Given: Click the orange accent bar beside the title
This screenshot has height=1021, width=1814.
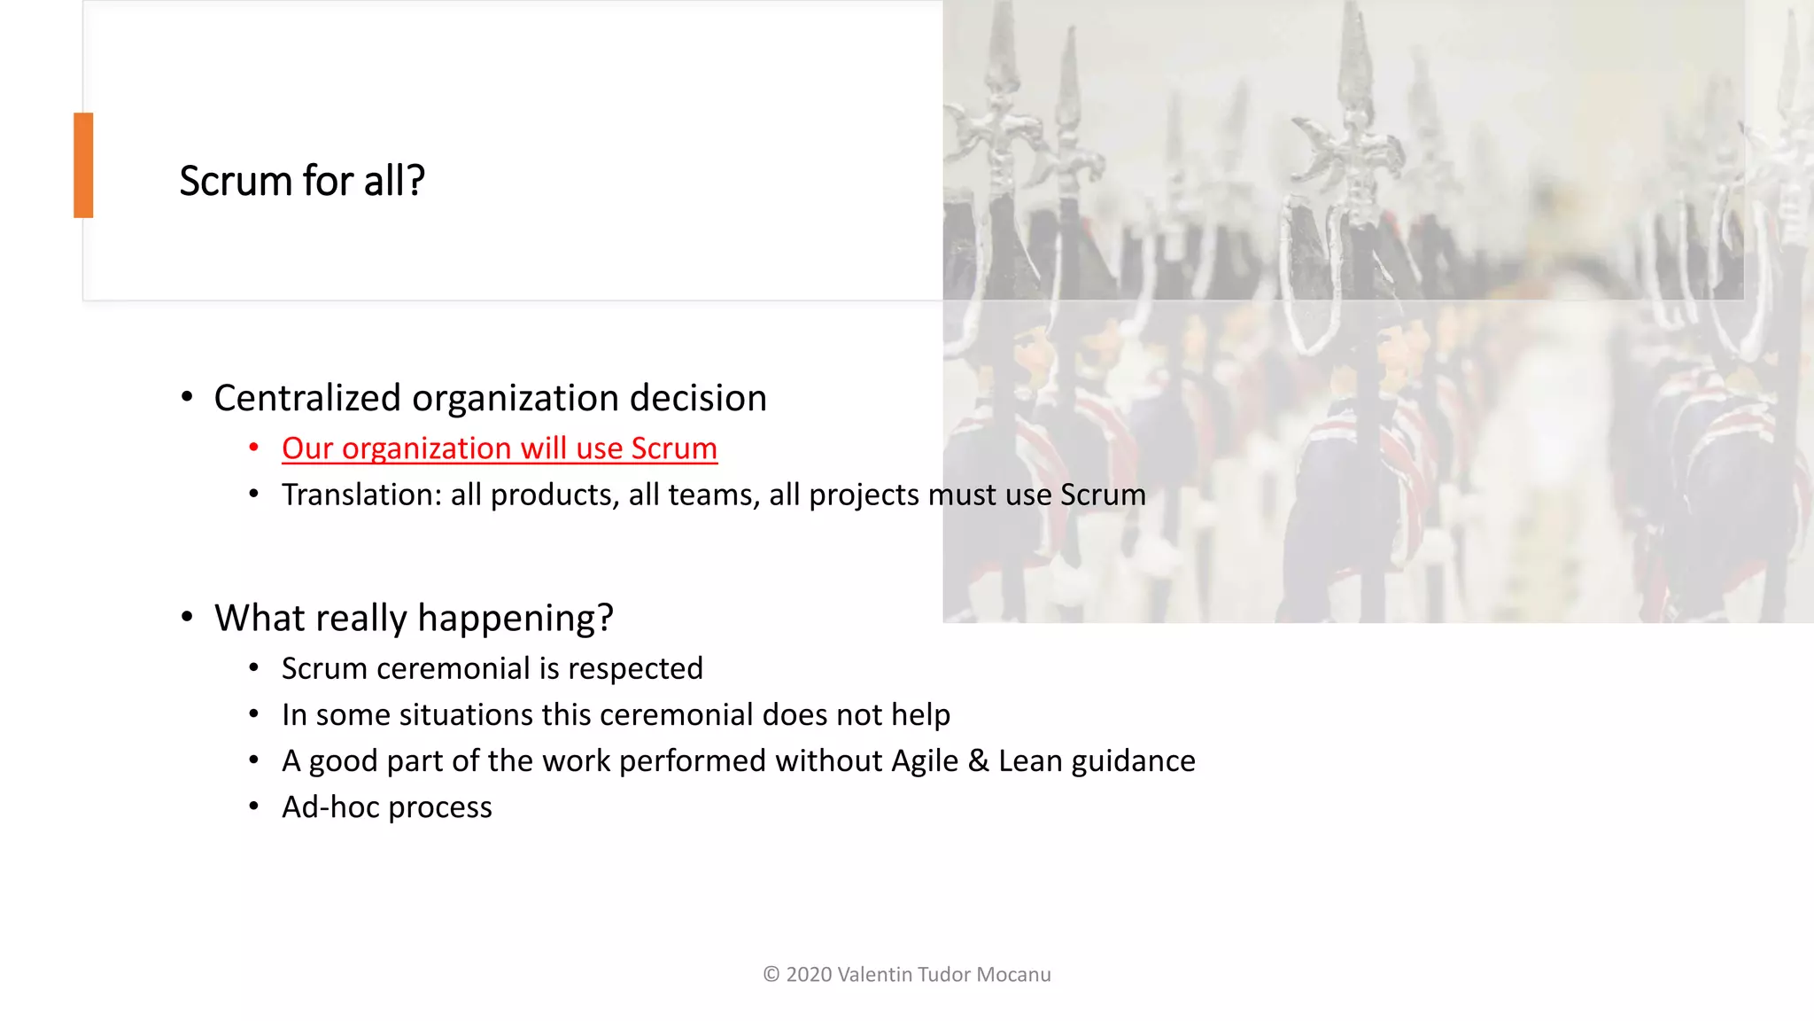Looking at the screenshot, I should [x=83, y=165].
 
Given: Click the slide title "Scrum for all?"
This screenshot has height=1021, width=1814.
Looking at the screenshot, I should [x=302, y=181].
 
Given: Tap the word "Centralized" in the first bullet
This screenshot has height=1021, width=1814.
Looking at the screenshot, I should [x=307, y=398].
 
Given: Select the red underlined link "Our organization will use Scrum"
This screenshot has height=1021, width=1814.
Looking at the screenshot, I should [x=500, y=448].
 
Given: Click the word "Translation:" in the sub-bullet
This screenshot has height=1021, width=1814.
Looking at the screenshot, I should [x=361, y=495].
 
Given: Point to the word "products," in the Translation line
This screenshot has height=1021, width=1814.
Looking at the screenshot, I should [x=554, y=495].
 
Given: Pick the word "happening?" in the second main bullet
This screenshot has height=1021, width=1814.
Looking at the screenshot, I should [x=516, y=618].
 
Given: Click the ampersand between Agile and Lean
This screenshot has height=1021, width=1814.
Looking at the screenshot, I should [x=978, y=760].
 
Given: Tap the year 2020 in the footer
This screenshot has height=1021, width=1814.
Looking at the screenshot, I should [x=809, y=975].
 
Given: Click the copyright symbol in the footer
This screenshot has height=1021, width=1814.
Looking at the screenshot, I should [x=771, y=975].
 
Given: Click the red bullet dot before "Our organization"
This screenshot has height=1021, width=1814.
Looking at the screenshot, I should [x=254, y=448].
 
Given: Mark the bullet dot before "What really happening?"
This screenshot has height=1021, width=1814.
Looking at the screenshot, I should [x=187, y=617].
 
